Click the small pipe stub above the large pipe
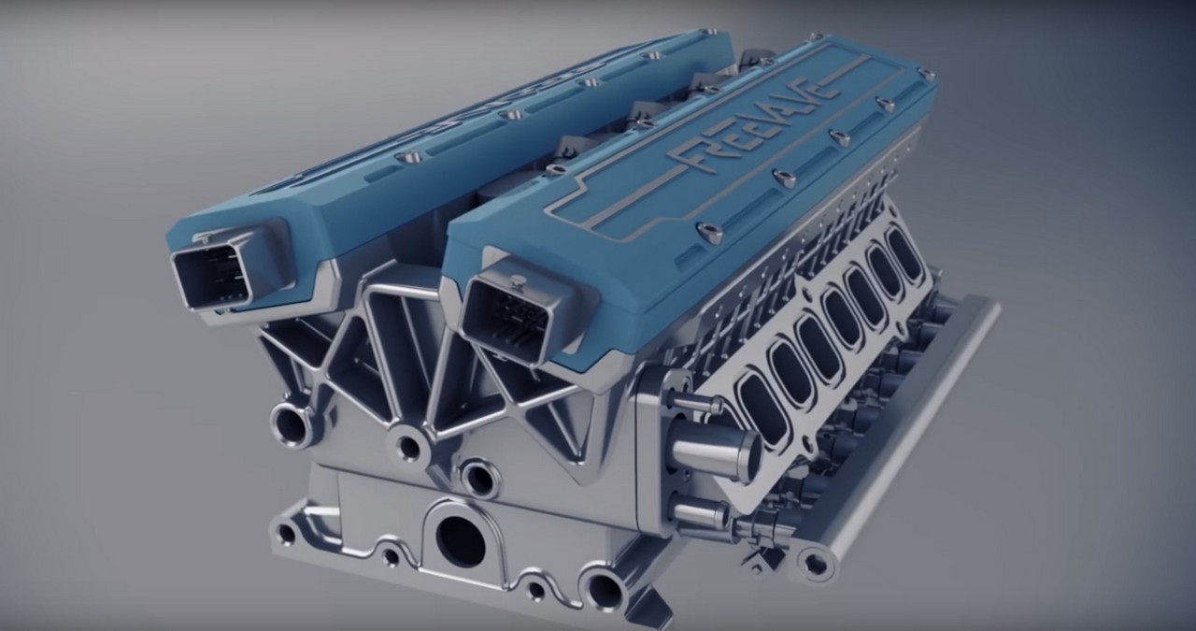click(686, 399)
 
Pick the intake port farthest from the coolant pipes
click(903, 252)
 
